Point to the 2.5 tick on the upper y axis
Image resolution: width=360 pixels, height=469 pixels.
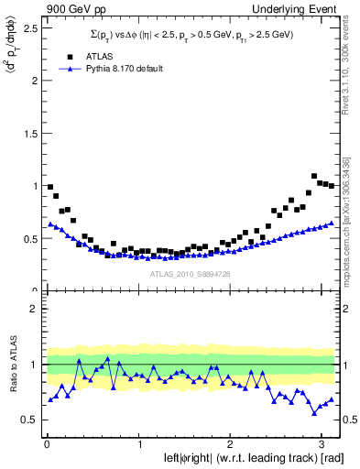(x=28, y=27)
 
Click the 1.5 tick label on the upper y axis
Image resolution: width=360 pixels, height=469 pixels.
(x=28, y=133)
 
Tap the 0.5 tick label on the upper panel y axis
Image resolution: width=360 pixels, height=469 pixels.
(x=28, y=239)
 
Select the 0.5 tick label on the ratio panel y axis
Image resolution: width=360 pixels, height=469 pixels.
(x=28, y=420)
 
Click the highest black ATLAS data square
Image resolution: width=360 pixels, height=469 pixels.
(x=314, y=176)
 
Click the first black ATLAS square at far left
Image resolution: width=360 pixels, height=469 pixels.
(x=50, y=187)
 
